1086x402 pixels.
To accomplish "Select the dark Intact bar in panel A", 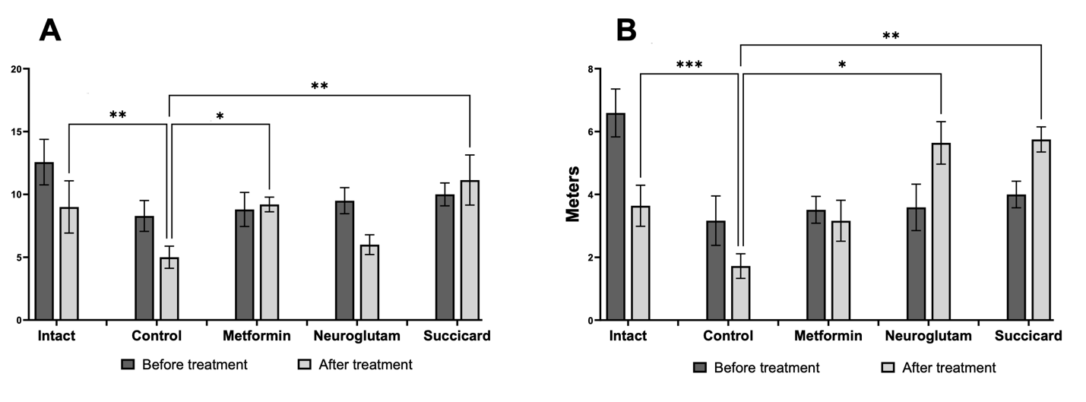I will (x=44, y=241).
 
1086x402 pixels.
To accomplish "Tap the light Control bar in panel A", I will (x=169, y=289).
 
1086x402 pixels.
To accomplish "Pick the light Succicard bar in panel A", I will (x=470, y=250).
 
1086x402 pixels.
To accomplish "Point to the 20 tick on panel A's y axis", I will (x=16, y=69).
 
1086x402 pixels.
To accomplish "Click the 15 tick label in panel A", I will (x=16, y=132).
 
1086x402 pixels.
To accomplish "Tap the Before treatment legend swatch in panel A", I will (x=128, y=365).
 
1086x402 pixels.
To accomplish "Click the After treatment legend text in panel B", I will (x=949, y=368).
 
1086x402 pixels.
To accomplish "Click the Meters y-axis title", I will (x=573, y=194).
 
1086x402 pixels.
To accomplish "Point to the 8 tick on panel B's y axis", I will (x=589, y=69).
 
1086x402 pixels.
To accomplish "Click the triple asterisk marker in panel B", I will (x=689, y=65).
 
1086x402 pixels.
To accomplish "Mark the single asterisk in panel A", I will (x=220, y=116).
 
